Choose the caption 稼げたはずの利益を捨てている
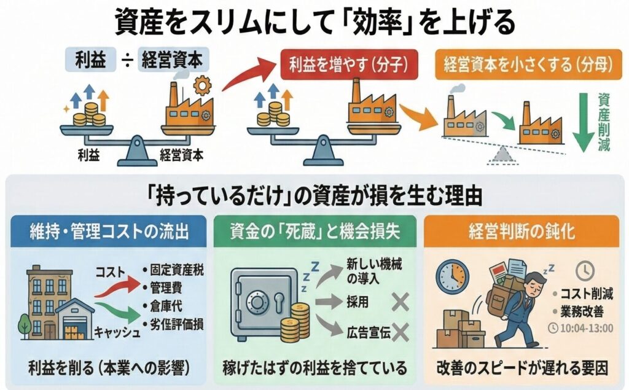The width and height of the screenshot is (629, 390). point(314,369)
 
